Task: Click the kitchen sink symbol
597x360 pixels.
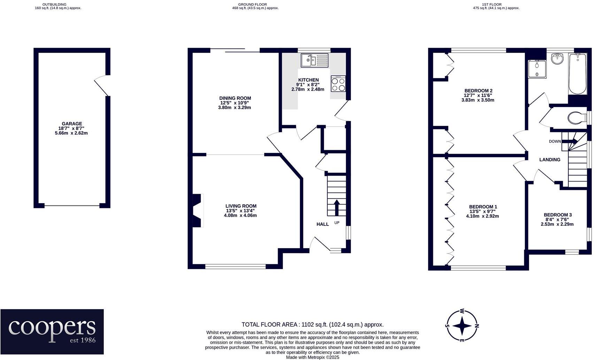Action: pyautogui.click(x=315, y=60)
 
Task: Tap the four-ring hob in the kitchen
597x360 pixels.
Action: pyautogui.click(x=338, y=84)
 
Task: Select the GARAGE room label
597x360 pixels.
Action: pyautogui.click(x=72, y=124)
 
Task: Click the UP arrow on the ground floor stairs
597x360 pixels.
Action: pyautogui.click(x=336, y=208)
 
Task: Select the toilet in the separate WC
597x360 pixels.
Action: pyautogui.click(x=576, y=117)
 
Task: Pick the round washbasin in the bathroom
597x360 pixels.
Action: pyautogui.click(x=557, y=58)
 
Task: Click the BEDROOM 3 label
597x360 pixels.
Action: pyautogui.click(x=558, y=215)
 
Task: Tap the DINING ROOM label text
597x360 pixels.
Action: pyautogui.click(x=235, y=98)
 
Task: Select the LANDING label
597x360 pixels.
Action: pyautogui.click(x=550, y=160)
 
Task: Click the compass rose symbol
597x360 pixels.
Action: pyautogui.click(x=462, y=326)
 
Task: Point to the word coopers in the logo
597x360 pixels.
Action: pyautogui.click(x=52, y=327)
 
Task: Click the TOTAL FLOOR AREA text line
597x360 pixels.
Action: pyautogui.click(x=312, y=324)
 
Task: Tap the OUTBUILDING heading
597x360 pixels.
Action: pyautogui.click(x=54, y=5)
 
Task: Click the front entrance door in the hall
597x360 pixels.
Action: pyautogui.click(x=320, y=244)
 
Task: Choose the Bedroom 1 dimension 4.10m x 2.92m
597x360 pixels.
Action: pyautogui.click(x=482, y=216)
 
